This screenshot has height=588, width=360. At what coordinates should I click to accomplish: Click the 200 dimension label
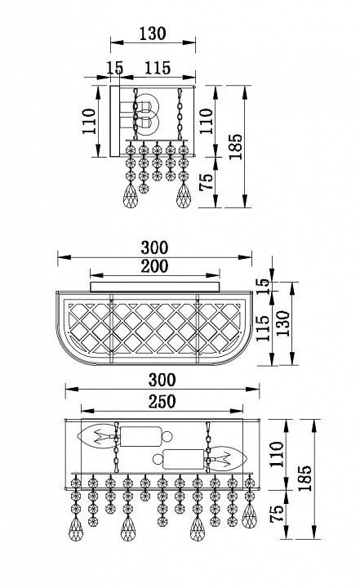click(154, 266)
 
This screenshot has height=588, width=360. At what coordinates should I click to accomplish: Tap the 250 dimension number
click(162, 402)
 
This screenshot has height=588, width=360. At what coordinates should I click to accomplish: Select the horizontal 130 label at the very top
click(153, 33)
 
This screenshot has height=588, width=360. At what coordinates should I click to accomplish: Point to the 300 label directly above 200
click(154, 248)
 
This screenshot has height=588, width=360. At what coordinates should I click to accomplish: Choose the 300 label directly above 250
click(162, 380)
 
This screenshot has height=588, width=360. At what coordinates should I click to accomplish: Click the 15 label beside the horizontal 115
click(114, 68)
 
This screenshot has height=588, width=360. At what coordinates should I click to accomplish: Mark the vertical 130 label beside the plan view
click(283, 323)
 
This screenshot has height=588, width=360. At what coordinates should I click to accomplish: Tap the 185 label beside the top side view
click(235, 147)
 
